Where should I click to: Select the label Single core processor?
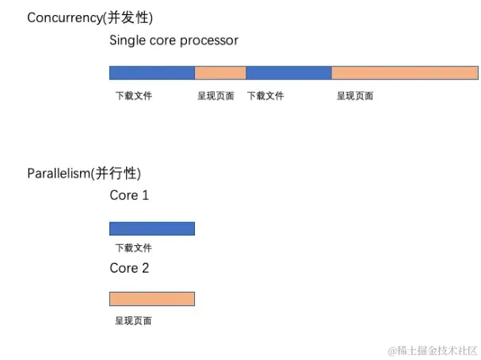(x=174, y=40)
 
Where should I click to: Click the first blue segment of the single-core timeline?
(x=151, y=73)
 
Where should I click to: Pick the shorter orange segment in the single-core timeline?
(x=220, y=73)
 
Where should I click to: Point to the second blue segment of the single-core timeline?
(x=288, y=73)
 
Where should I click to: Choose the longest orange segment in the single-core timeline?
(x=404, y=73)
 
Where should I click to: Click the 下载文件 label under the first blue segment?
(x=133, y=96)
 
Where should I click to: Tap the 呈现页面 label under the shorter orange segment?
(x=216, y=96)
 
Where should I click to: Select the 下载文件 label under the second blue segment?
(x=265, y=96)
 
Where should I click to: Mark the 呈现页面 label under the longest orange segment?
(x=355, y=96)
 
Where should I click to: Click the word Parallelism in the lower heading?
(x=58, y=174)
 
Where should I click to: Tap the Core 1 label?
(x=129, y=195)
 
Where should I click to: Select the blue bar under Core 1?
(x=151, y=228)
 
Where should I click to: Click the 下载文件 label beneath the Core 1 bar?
(x=133, y=248)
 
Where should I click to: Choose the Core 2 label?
(x=129, y=268)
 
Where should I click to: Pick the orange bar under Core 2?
(x=151, y=299)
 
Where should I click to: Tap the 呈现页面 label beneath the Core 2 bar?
(x=133, y=321)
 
